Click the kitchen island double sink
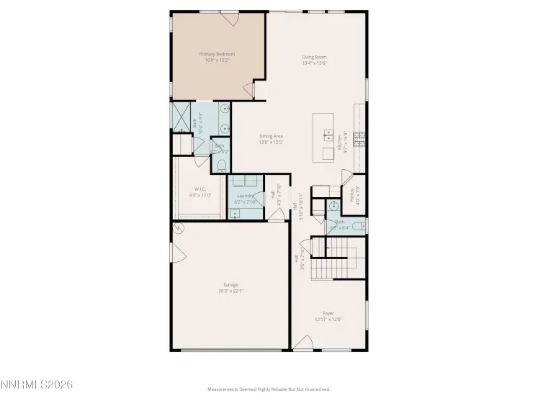click(328, 135)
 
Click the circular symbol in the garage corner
click(178, 229)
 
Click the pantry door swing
click(346, 178)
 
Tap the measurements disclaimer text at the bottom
click(269, 389)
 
